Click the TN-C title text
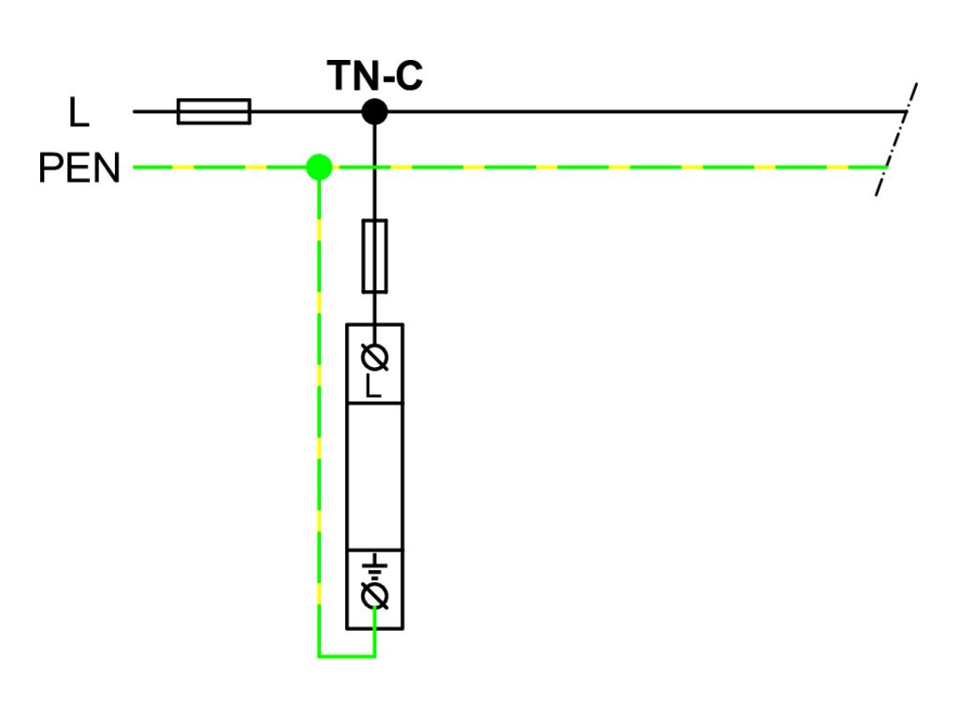(374, 77)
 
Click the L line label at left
(79, 112)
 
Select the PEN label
(80, 169)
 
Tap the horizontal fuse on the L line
(213, 111)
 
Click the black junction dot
(374, 111)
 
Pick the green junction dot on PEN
(319, 168)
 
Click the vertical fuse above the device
(374, 256)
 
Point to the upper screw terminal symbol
(374, 357)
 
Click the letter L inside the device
(374, 385)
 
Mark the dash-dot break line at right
(895, 140)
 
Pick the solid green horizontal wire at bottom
(346, 655)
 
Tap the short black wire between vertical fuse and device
(374, 307)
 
